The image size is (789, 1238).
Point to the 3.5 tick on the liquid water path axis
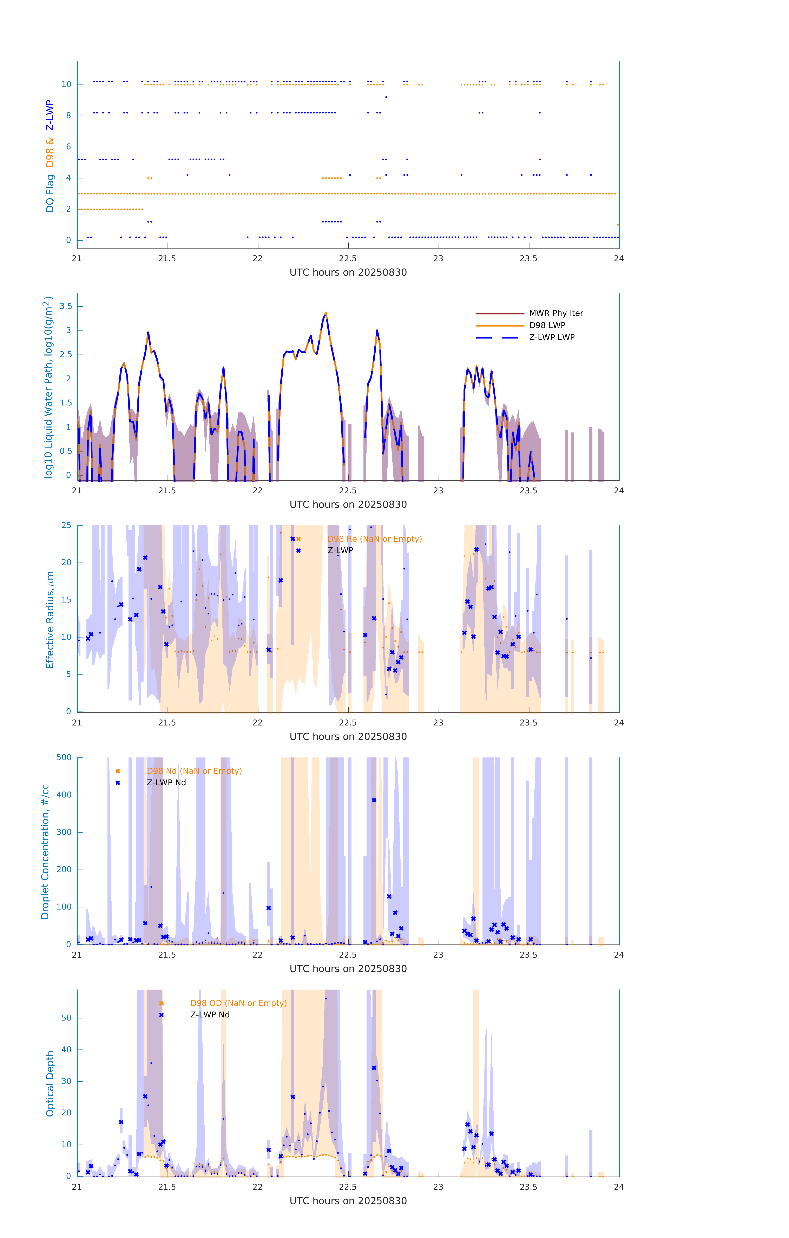point(66,306)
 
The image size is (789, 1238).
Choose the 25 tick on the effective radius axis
point(66,526)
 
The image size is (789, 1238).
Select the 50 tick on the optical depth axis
point(66,1018)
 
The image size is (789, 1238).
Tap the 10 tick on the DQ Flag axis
point(66,84)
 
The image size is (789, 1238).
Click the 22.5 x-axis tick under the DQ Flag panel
point(347,259)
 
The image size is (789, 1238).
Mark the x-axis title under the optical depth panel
point(348,1201)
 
